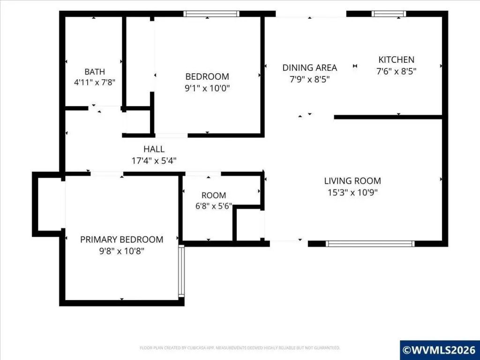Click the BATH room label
coord(95,72)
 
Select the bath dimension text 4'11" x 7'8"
coord(95,82)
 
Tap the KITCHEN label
coord(396,60)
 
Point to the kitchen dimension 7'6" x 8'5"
coord(396,71)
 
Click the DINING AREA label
coord(309,67)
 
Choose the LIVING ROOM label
coord(352,180)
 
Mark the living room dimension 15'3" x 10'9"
coord(352,193)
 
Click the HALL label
coord(154,149)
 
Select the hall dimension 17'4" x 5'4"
coord(154,161)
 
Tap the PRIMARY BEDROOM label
coord(121,240)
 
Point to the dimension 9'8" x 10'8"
coord(121,251)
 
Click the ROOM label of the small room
coord(214,195)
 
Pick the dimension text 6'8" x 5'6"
coord(214,206)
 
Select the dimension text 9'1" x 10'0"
coord(207,88)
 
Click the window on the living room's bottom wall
coord(370,244)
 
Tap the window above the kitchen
coord(389,14)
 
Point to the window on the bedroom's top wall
coord(211,14)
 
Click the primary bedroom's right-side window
coord(181,271)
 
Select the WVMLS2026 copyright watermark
coord(440,350)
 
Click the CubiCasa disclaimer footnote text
coord(240,348)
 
